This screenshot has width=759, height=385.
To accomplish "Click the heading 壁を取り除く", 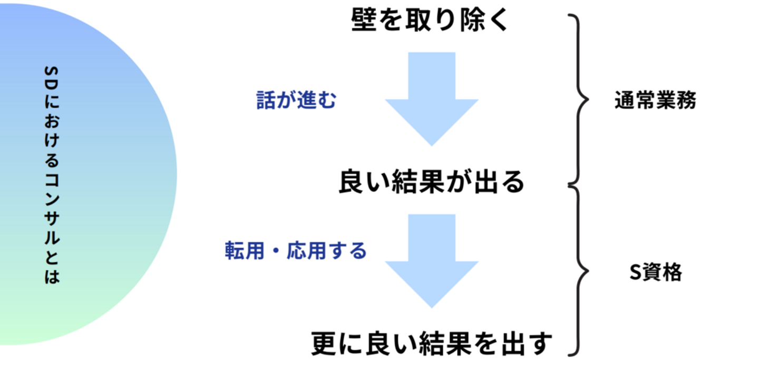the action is pos(430,20).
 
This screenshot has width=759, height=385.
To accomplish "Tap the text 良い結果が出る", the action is pos(431,182).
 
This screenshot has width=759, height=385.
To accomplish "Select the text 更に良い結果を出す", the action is pos(431,343).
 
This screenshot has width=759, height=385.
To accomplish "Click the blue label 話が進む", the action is pos(296,100).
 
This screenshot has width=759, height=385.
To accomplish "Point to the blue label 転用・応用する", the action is pos(296,251).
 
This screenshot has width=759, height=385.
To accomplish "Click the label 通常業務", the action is pos(655,100).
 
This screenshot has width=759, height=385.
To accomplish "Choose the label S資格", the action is pos(656,272).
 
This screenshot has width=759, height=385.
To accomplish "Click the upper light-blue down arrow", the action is pos(432,99).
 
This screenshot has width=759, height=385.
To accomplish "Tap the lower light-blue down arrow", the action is pos(432,261).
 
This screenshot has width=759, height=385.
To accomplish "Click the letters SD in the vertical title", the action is pos(52,77).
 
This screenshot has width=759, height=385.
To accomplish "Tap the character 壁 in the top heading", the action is pos(364,20).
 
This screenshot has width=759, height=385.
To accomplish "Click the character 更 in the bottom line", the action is pos(324,343).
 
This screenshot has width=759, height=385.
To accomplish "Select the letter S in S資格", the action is pos(636,272).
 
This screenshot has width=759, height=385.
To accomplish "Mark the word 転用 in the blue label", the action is pos(245,251).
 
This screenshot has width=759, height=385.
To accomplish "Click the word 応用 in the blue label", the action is pos(306,251).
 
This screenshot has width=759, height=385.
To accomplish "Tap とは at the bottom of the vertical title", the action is pos(52,268).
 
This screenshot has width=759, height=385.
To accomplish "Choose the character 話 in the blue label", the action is pos(266,100).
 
